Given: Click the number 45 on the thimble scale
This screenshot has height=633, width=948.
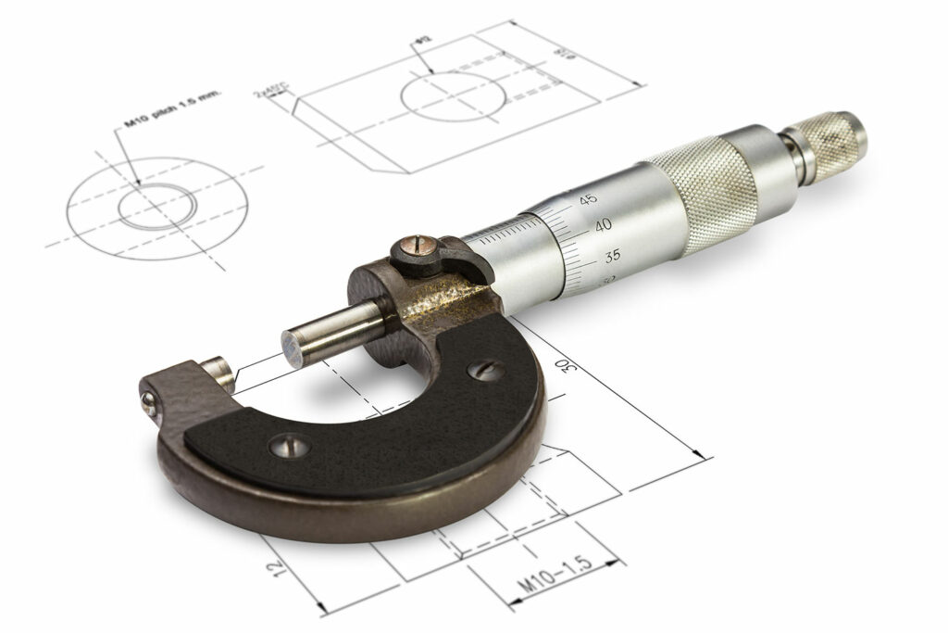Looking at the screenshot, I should tap(588, 199).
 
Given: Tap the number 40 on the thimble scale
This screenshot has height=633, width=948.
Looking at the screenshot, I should tap(603, 225).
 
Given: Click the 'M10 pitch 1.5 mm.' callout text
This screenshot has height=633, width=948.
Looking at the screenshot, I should tap(172, 112).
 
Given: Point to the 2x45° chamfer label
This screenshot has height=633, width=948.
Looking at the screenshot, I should tap(272, 91).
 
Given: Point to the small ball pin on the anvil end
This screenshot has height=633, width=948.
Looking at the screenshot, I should tap(147, 401).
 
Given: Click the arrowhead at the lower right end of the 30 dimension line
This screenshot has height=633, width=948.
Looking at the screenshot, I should tap(706, 456).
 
